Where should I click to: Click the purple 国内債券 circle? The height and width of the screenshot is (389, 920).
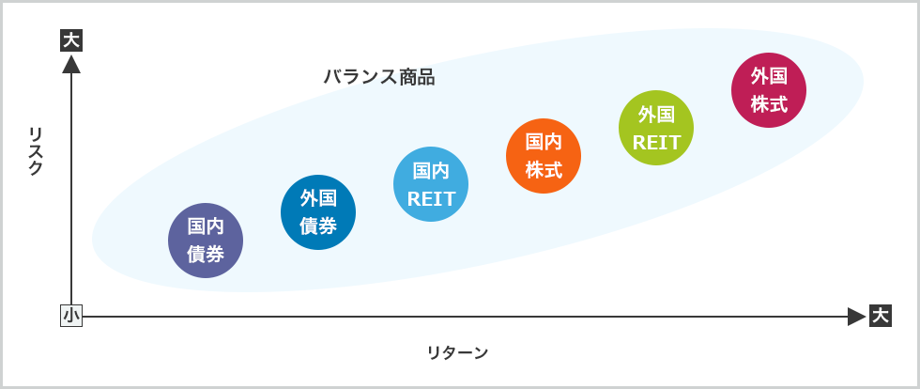[205, 240]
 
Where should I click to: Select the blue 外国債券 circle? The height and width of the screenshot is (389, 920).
[318, 211]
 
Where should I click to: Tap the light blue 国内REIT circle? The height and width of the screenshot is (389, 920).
[431, 184]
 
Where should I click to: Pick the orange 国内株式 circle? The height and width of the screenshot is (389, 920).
[544, 156]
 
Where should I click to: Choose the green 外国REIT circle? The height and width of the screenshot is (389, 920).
[656, 128]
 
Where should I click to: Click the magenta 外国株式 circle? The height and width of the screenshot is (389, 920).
[769, 90]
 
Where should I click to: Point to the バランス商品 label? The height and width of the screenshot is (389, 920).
[379, 77]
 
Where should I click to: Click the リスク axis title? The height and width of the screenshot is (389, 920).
[36, 150]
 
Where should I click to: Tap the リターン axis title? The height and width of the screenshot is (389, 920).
[457, 353]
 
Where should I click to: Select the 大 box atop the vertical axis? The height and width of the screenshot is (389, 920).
[71, 40]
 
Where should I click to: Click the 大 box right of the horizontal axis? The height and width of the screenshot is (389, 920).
[880, 316]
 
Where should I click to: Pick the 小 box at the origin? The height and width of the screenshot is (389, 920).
[71, 316]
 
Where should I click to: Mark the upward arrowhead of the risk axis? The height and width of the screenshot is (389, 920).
[71, 64]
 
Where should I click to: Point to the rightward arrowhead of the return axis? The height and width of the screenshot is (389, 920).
[856, 317]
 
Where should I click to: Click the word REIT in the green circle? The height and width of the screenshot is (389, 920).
[656, 143]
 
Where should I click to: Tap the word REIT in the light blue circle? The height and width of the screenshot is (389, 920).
[431, 199]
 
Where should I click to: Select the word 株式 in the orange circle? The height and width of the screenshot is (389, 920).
[544, 170]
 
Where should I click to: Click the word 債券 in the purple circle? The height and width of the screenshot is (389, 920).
[205, 254]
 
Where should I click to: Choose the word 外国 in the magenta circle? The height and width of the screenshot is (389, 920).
[769, 76]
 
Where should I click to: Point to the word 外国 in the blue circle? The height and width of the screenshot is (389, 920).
[318, 197]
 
